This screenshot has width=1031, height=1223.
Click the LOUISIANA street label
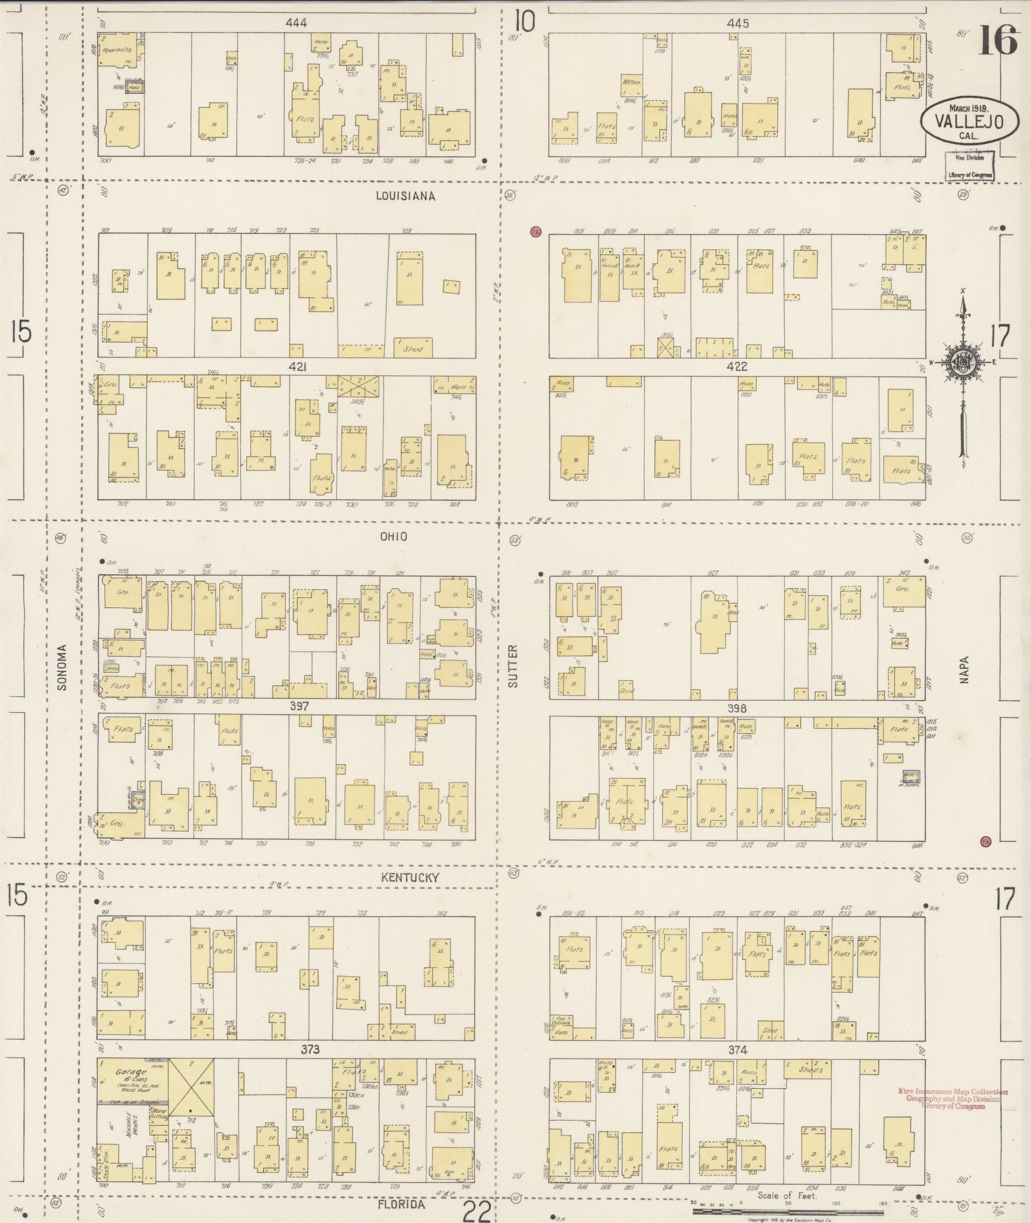[x=405, y=196]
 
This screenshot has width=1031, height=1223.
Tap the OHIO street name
[x=394, y=537]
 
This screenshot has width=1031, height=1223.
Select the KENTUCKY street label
[x=410, y=877]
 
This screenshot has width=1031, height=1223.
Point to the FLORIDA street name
[x=401, y=1204]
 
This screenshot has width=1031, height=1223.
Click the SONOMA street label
[x=62, y=666]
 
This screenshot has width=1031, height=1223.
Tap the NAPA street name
[x=964, y=669]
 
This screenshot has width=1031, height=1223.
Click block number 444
[x=296, y=23]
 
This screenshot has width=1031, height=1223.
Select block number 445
[x=737, y=23]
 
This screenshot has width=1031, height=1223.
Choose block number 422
[x=736, y=367]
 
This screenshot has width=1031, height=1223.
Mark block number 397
[x=299, y=706]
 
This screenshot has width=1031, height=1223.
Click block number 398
[x=736, y=708]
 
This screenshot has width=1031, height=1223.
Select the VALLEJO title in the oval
[x=961, y=121]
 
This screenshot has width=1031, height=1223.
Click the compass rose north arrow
[x=964, y=307]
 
